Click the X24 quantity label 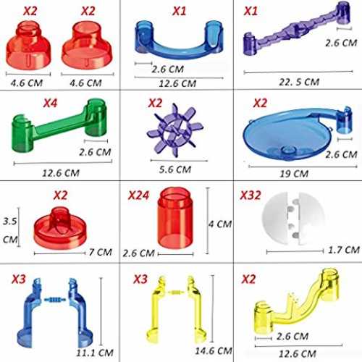pos(138,195)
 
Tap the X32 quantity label pos(251,195)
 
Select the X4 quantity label pos(50,104)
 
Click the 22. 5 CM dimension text pos(299,82)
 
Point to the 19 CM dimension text pos(294,174)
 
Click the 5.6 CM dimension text pos(175,169)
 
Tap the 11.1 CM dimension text pos(95,353)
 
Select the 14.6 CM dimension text pos(214,351)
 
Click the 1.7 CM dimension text pos(344,250)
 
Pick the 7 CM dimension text pos(100,253)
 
